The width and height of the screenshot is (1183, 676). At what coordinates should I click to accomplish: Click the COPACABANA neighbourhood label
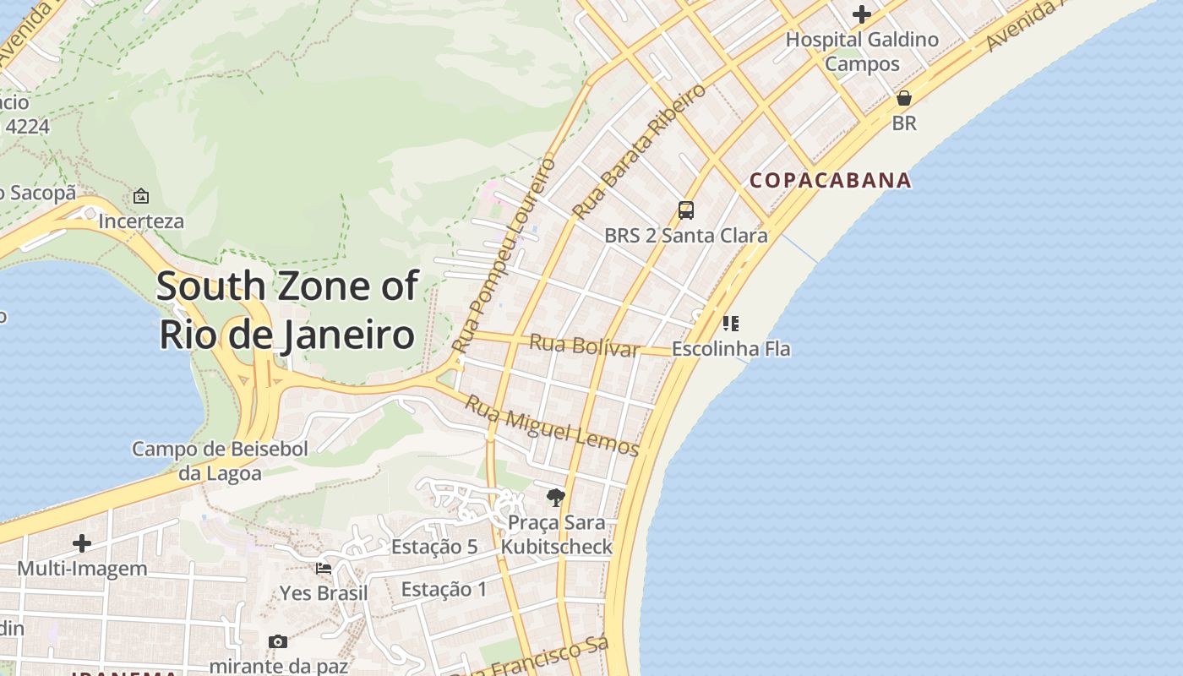click(831, 180)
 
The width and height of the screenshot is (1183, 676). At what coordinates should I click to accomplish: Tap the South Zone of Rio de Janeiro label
click(287, 310)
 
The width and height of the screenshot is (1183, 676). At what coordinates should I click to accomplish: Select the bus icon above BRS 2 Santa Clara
click(686, 210)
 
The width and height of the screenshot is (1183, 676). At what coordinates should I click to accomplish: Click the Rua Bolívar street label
click(583, 345)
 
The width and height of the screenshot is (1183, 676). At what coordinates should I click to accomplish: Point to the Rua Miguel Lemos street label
click(552, 426)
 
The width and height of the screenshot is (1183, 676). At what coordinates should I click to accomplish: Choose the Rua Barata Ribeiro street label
click(639, 151)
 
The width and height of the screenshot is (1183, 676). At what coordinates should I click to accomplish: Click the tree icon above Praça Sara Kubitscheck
click(555, 498)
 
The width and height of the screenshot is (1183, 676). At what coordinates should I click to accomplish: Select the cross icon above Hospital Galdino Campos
click(862, 14)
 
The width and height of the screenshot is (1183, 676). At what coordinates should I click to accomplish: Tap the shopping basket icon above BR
click(904, 98)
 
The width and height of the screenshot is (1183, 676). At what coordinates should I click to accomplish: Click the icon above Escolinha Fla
click(731, 323)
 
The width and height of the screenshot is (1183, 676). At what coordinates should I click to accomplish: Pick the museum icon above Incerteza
click(141, 196)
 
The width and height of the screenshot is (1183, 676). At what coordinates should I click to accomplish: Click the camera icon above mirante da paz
click(277, 642)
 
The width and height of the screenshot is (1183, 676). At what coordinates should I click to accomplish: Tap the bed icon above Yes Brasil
click(324, 569)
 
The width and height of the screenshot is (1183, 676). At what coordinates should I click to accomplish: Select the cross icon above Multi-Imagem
click(82, 542)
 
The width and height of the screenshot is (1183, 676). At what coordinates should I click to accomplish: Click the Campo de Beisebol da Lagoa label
click(220, 461)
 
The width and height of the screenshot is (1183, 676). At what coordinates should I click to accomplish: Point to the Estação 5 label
click(434, 547)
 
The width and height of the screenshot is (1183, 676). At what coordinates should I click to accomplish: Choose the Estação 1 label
click(444, 589)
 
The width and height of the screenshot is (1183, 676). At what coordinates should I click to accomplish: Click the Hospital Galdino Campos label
click(862, 51)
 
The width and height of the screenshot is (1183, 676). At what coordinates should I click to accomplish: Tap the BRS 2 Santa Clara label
click(686, 235)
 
